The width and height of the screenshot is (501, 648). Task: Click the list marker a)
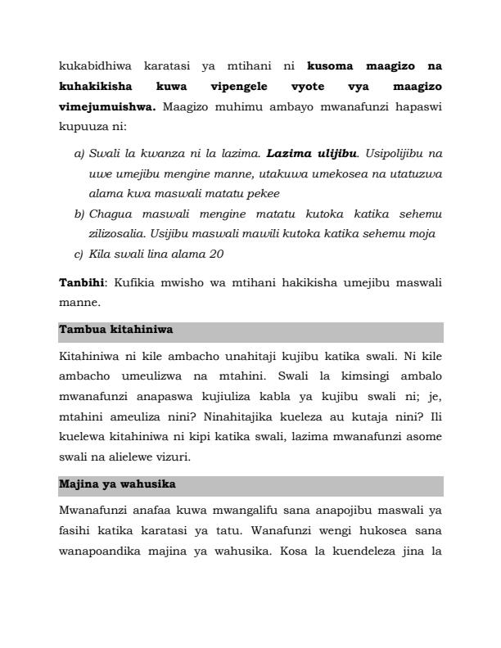click(x=79, y=153)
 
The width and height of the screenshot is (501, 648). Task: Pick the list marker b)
click(x=79, y=214)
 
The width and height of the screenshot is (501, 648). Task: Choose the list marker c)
click(x=79, y=254)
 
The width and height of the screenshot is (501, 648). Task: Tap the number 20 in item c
click(x=215, y=254)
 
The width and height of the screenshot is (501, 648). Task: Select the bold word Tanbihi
click(x=81, y=282)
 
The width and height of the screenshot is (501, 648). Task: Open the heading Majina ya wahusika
click(x=117, y=484)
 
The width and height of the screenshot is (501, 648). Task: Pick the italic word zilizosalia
click(x=117, y=234)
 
